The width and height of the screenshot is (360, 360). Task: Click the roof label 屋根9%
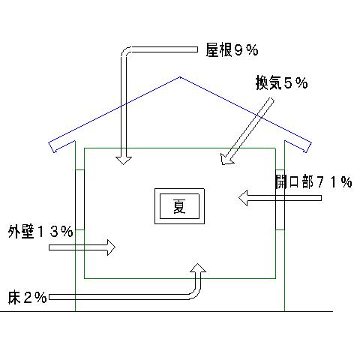coord(232,50)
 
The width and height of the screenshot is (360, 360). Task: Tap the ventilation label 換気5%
coord(281,82)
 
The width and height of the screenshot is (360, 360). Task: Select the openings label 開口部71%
coord(313,181)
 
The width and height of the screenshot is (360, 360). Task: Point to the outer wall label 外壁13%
coord(40,231)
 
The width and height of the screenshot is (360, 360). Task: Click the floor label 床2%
coord(28,297)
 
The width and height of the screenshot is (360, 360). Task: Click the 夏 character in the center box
coord(179,206)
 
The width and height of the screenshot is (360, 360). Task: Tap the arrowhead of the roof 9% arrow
coord(124,160)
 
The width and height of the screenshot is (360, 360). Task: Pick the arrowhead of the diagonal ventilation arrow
coord(226,160)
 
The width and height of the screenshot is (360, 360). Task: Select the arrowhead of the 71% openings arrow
coord(243,198)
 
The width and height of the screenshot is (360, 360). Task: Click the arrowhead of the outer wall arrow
coord(112,247)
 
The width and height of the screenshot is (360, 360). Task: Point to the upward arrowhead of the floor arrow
coord(198,268)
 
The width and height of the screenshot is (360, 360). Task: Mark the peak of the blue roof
coord(180,77)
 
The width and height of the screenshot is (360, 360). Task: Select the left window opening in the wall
coord(79,199)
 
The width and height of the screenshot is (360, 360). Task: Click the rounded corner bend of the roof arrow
coord(126,52)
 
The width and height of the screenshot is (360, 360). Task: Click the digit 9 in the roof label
coord(238,50)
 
